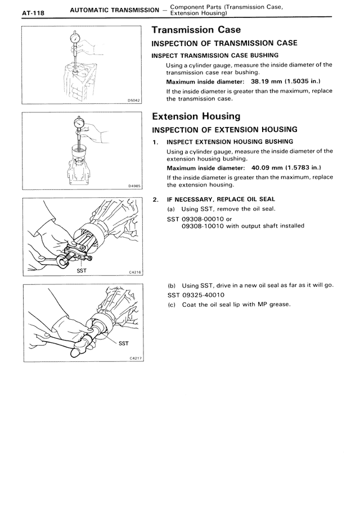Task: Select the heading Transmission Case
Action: (x=197, y=30)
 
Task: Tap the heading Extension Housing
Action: (x=196, y=116)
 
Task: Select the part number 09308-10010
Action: (x=205, y=226)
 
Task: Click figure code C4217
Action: (x=135, y=357)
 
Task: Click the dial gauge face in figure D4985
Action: (x=79, y=122)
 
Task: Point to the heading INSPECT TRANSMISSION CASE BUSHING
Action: (x=215, y=55)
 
